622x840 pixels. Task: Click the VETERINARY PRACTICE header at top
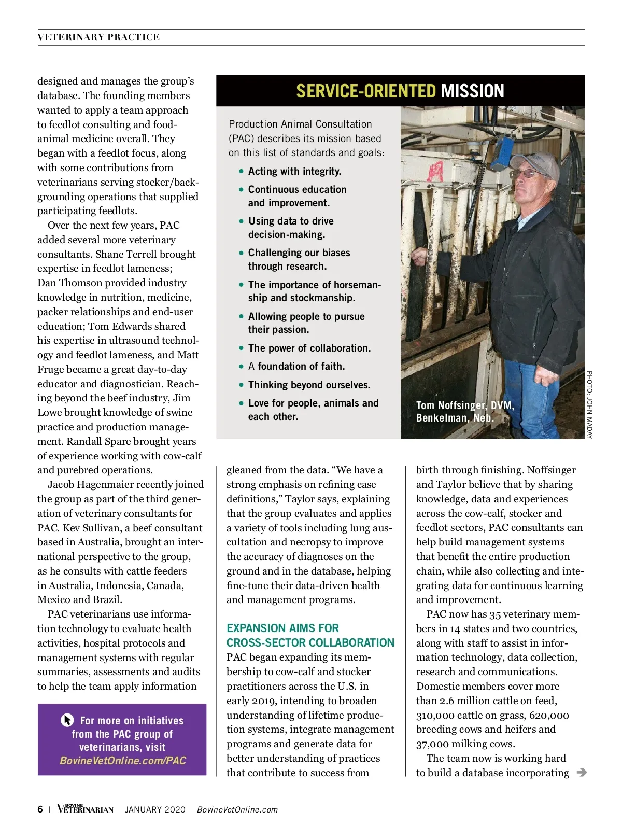(x=98, y=37)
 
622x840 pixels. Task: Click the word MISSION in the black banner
(x=472, y=91)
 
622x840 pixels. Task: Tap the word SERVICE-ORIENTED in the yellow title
(x=365, y=91)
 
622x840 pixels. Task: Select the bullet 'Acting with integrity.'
(x=294, y=171)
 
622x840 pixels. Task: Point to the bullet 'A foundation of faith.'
(x=296, y=367)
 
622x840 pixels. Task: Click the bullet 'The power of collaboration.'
(x=309, y=348)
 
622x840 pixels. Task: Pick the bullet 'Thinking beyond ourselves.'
(x=309, y=385)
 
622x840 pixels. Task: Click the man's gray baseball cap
(x=536, y=163)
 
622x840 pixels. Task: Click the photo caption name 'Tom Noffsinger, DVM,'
(x=465, y=405)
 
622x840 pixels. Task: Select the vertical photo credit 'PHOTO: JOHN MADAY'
(x=589, y=404)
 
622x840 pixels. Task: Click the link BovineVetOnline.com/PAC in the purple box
(x=123, y=761)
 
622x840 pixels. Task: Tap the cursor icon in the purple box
(x=67, y=720)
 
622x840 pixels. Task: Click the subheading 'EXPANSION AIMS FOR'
(x=282, y=628)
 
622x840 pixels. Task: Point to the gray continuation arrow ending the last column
(x=582, y=773)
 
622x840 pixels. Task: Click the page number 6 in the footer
(x=40, y=809)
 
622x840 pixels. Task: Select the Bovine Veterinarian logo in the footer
(x=85, y=809)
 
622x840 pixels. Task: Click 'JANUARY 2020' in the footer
(x=155, y=810)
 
